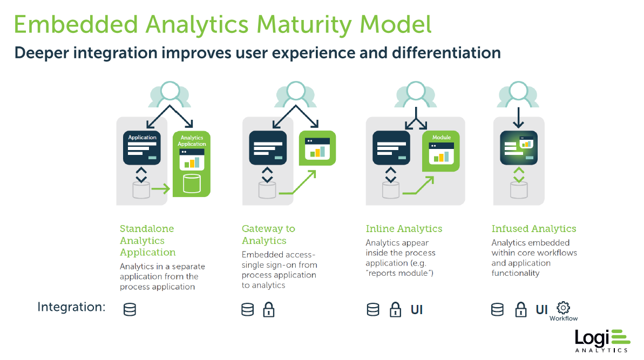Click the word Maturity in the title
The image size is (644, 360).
303,25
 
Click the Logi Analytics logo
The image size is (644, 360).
602,341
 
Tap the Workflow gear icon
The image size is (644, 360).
563,308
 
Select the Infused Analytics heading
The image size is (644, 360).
533,229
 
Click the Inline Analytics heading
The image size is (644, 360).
404,229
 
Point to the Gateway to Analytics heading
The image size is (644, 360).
268,234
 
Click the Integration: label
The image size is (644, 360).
71,307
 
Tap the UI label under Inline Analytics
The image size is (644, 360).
416,309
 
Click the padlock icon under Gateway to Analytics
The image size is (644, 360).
269,309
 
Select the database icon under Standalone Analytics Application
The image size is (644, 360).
130,309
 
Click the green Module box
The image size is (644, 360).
440,151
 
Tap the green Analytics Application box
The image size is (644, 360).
192,164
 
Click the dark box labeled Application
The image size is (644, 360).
141,147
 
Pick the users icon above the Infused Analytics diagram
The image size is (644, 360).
518,94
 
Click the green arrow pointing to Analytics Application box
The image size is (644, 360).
160,189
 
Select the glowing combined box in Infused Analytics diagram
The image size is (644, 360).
519,148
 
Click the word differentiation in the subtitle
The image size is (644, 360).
446,53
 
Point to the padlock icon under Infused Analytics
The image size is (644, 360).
521,309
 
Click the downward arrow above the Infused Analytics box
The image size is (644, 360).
518,118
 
